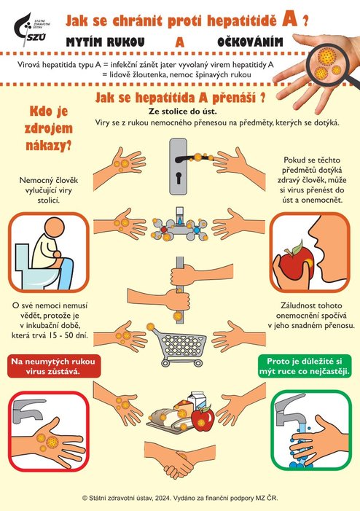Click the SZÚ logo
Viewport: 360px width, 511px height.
pyautogui.click(x=31, y=28)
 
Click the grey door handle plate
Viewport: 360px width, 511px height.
pyautogui.click(x=179, y=166)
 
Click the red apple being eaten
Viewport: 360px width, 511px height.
pyautogui.click(x=297, y=262)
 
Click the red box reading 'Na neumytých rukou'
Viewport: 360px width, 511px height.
pyautogui.click(x=54, y=367)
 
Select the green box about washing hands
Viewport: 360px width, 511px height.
pyautogui.click(x=305, y=367)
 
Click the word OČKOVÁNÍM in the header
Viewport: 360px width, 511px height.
pyautogui.click(x=250, y=42)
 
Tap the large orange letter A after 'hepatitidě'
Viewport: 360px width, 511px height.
pyautogui.click(x=289, y=20)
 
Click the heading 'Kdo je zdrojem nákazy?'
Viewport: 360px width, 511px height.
pyautogui.click(x=49, y=128)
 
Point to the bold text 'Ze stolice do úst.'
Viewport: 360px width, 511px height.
pyautogui.click(x=182, y=112)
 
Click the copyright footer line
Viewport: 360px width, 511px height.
pyautogui.click(x=180, y=498)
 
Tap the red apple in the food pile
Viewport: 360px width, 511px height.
pyautogui.click(x=203, y=418)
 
